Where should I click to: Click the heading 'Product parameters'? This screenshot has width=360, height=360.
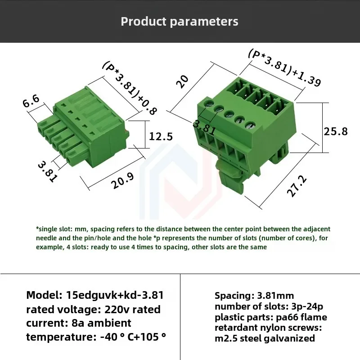pos(180,22)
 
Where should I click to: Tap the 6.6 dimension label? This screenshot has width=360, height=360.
pos(31,101)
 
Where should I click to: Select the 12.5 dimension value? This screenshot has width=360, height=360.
pos(161,136)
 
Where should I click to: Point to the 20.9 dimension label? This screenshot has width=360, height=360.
pos(122,180)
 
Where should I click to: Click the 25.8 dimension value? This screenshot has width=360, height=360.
pos(336,131)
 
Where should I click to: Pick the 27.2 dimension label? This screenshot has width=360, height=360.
pos(297,186)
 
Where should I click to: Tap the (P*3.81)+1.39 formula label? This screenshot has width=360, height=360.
pos(285,67)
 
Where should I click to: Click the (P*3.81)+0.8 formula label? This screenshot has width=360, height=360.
pos(130,88)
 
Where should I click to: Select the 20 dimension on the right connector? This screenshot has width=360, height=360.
pos(182,81)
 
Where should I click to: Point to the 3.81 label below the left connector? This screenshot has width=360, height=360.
pos(48,171)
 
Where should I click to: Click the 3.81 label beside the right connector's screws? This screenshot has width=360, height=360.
pos(204,128)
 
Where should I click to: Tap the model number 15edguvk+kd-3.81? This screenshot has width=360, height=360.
pos(115,295)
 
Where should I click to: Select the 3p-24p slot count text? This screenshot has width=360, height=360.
pos(307,306)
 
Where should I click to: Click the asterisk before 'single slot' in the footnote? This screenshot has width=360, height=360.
pos(37,228)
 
